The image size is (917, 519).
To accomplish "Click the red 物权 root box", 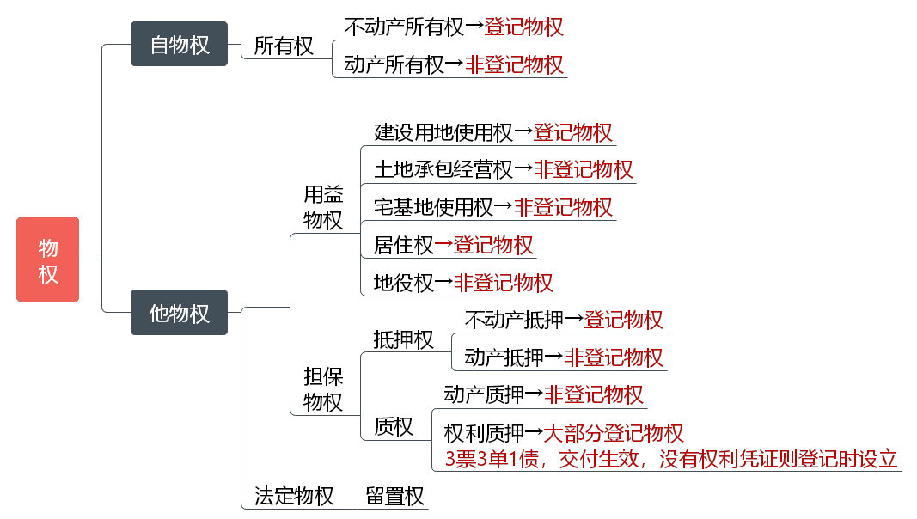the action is pyautogui.click(x=47, y=259).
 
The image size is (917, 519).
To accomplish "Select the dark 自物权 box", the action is pyautogui.click(x=179, y=44).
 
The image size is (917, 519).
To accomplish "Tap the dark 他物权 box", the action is pyautogui.click(x=179, y=313).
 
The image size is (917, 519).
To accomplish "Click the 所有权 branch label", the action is pyautogui.click(x=284, y=46).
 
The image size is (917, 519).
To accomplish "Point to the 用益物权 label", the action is pyautogui.click(x=323, y=207).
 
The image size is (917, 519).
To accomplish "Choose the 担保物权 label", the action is pyautogui.click(x=323, y=389).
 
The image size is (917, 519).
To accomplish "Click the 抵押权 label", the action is pyautogui.click(x=403, y=339).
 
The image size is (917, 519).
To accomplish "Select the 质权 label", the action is pyautogui.click(x=394, y=426).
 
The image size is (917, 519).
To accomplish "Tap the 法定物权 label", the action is pyautogui.click(x=294, y=496).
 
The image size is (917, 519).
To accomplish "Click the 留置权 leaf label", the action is pyautogui.click(x=394, y=496).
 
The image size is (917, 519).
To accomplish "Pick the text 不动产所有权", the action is pyautogui.click(x=404, y=27).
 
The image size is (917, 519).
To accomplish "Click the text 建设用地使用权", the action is pyautogui.click(x=443, y=132).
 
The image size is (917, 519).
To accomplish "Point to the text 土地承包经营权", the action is pyautogui.click(x=443, y=169).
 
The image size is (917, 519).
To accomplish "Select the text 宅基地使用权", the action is pyautogui.click(x=433, y=207).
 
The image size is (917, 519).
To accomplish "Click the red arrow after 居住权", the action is pyautogui.click(x=443, y=244).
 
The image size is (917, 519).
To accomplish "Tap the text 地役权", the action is pyautogui.click(x=404, y=283).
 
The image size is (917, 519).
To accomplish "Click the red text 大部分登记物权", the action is pyautogui.click(x=614, y=433).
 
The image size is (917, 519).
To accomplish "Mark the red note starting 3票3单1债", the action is pyautogui.click(x=671, y=459).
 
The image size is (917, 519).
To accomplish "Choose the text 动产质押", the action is pyautogui.click(x=484, y=394).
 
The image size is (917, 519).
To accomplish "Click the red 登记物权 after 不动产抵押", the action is pyautogui.click(x=623, y=320).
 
